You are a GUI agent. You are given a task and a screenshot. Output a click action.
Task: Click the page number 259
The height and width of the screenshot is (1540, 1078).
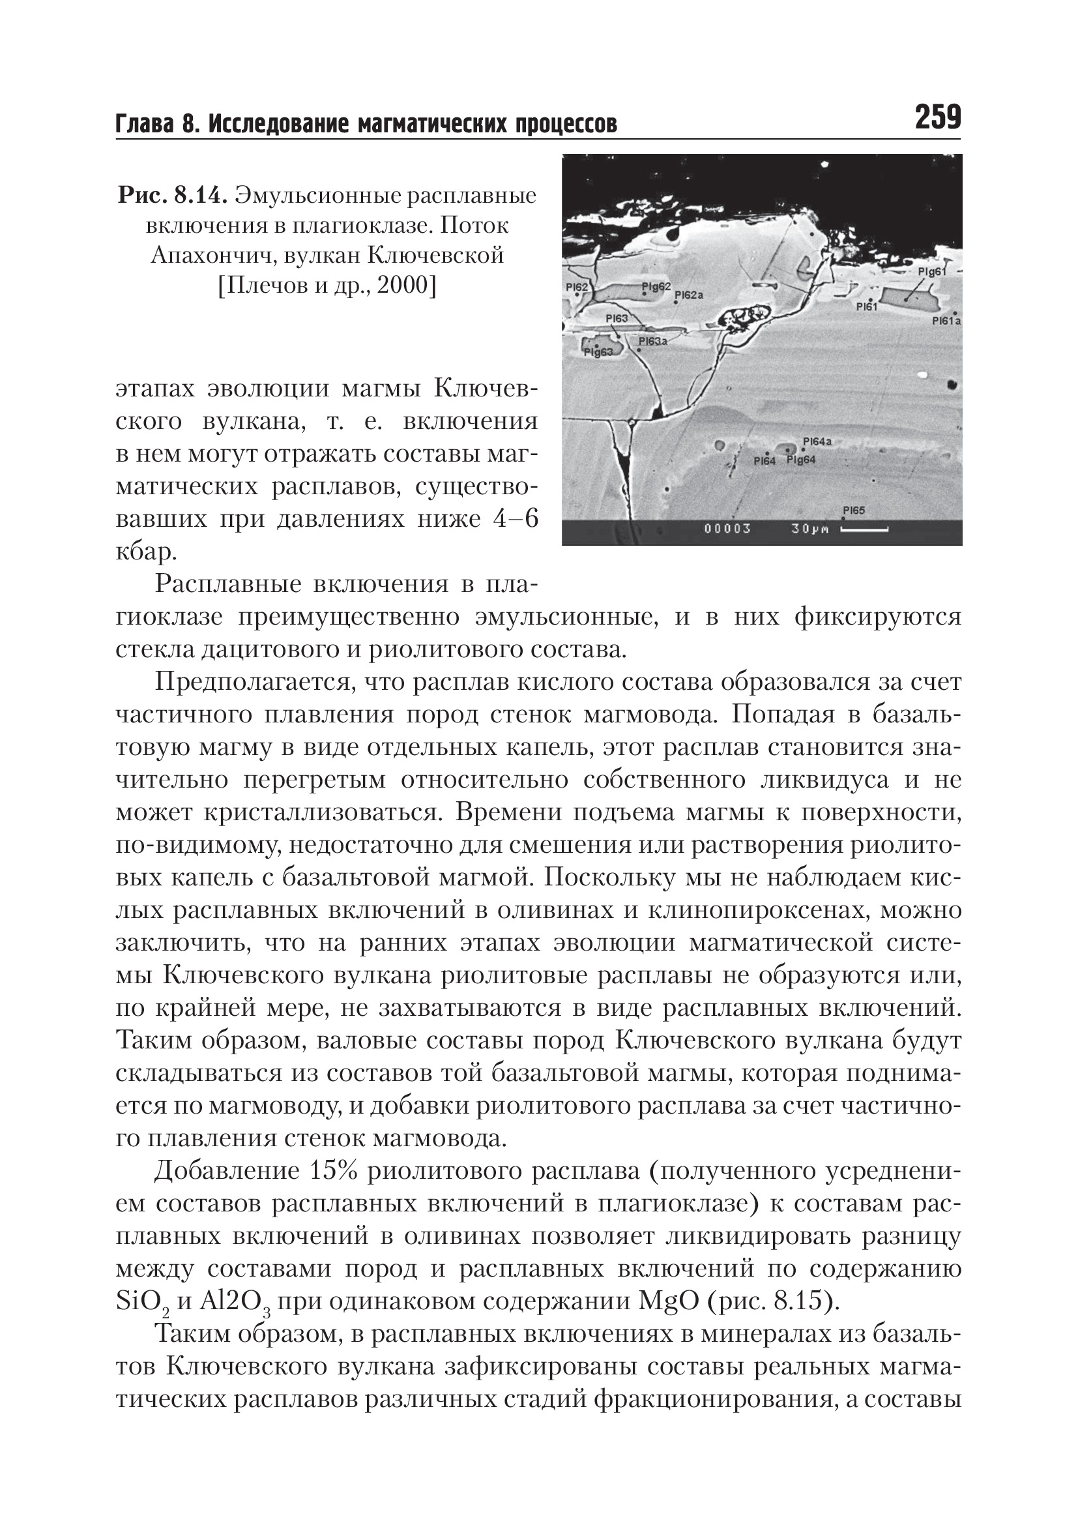pyautogui.click(x=937, y=117)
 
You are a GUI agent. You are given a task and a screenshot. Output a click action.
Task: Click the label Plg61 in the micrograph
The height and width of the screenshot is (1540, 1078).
pyautogui.click(x=931, y=272)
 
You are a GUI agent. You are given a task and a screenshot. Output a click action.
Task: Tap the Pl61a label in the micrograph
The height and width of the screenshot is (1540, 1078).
pyautogui.click(x=946, y=321)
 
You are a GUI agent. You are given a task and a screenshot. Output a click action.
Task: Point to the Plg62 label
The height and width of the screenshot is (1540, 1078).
pyautogui.click(x=656, y=286)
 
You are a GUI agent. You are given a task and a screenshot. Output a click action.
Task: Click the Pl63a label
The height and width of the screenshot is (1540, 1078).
pyautogui.click(x=652, y=342)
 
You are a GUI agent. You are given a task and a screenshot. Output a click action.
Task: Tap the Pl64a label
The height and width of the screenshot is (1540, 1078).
pyautogui.click(x=817, y=441)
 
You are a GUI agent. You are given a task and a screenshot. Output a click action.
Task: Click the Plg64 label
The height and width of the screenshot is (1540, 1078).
pyautogui.click(x=800, y=460)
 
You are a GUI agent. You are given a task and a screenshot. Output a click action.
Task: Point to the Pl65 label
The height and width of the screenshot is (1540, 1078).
pyautogui.click(x=853, y=511)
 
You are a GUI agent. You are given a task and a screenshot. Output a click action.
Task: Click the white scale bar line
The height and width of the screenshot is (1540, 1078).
pyautogui.click(x=864, y=529)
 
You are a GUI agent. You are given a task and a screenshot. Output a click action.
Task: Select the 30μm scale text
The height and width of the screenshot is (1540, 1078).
pyautogui.click(x=810, y=529)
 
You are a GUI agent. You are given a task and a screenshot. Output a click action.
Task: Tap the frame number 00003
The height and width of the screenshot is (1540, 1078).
pyautogui.click(x=727, y=529)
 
